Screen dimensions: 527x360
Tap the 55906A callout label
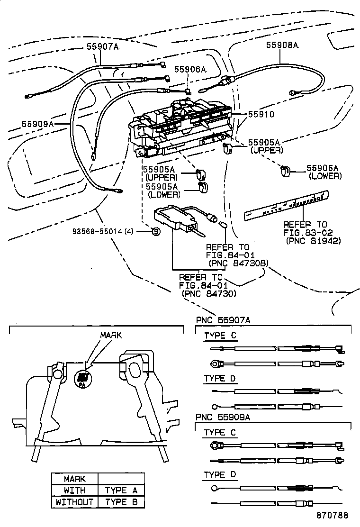click(190, 69)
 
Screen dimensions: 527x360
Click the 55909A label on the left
click(38, 124)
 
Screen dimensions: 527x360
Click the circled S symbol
click(155, 231)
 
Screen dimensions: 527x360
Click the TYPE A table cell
click(121, 491)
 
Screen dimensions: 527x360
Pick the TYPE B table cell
click(121, 502)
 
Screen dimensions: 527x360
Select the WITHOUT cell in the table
click(75, 502)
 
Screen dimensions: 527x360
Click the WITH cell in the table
click(75, 491)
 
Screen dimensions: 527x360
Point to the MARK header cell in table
click(75, 479)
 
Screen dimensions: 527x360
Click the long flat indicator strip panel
click(287, 205)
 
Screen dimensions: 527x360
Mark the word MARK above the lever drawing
click(110, 335)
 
